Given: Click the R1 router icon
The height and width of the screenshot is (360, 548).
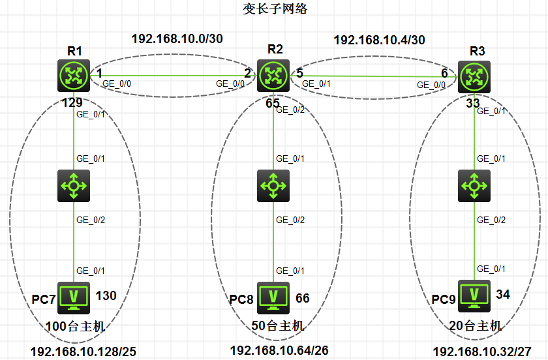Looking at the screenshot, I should [73, 76].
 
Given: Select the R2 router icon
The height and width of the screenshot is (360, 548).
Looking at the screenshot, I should [273, 76].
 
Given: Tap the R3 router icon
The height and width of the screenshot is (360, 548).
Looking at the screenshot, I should [474, 76].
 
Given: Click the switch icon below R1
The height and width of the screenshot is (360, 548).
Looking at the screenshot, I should [73, 186].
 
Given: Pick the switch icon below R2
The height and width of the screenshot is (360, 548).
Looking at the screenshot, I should [273, 186].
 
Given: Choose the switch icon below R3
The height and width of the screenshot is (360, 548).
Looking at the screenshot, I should [474, 186].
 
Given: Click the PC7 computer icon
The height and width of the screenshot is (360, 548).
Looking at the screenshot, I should [73, 295].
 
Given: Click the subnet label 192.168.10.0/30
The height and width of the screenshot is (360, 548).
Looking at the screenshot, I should [177, 38].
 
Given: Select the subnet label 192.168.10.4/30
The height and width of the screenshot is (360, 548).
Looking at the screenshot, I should [379, 40].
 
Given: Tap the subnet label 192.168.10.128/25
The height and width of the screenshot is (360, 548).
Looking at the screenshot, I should [84, 352].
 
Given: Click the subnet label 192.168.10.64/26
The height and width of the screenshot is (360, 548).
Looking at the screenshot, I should [279, 350].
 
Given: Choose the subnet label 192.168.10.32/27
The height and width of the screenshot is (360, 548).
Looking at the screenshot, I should [482, 352].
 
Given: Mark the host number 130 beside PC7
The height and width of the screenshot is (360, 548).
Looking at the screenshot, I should [106, 296].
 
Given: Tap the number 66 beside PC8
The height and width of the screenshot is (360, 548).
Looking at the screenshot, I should [302, 298].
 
